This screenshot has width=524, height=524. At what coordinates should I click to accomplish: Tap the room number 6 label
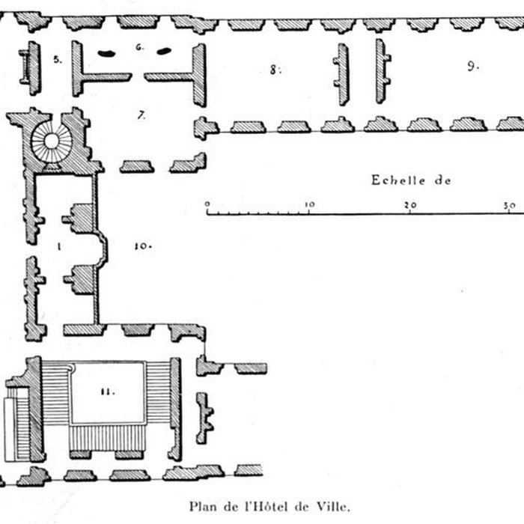(x=139, y=47)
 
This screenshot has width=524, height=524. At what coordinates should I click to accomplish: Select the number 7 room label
(x=141, y=115)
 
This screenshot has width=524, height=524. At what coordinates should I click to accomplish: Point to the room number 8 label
(x=275, y=70)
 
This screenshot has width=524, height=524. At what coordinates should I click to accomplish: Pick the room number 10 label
(x=143, y=246)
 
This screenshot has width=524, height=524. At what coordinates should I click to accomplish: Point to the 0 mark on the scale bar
(x=207, y=204)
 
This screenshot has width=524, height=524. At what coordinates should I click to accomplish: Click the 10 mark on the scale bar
(x=309, y=204)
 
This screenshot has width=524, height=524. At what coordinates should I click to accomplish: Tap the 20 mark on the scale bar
(x=409, y=204)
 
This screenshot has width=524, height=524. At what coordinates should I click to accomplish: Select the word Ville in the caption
(x=334, y=505)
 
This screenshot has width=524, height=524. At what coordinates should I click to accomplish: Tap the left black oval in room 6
(x=107, y=52)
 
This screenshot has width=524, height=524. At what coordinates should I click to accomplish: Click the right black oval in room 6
(x=163, y=51)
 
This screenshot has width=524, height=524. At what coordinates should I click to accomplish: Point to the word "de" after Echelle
(x=442, y=180)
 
